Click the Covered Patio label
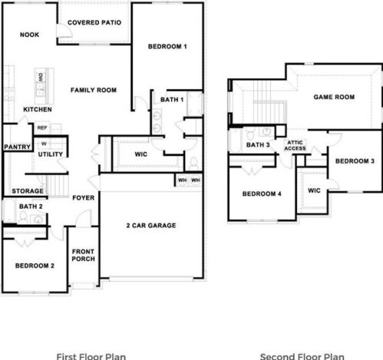94,23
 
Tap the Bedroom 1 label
167,47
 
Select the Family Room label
93,91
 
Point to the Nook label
29,35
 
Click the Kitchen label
37,110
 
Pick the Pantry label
16,147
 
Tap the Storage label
27,191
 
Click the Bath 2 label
30,207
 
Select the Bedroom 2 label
35,266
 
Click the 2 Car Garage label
151,225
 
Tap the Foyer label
83,198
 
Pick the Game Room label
334,97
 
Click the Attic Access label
296,146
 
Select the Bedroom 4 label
262,194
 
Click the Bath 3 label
258,145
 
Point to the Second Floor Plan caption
302,356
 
